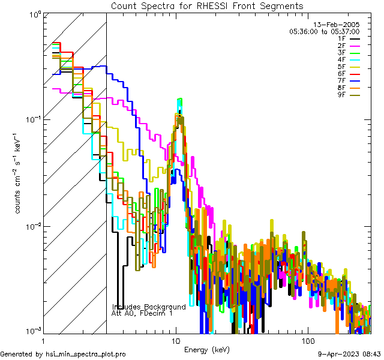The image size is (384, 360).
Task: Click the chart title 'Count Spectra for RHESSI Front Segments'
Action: click(x=207, y=5)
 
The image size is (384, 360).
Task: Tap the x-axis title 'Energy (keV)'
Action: click(x=206, y=350)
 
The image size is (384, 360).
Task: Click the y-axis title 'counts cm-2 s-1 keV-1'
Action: click(x=19, y=174)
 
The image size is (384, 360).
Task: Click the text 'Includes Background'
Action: click(x=149, y=307)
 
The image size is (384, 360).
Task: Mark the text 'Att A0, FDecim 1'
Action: click(x=142, y=313)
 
